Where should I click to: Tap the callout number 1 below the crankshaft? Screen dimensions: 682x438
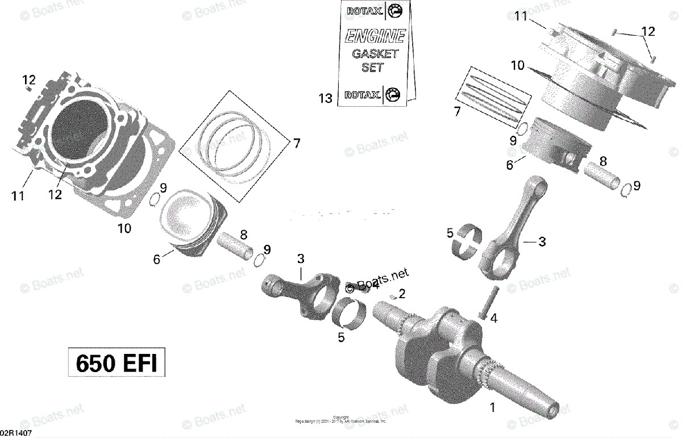click(493, 407)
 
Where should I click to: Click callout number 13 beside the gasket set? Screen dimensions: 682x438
click(325, 98)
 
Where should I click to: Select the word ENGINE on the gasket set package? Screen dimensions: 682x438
click(376, 37)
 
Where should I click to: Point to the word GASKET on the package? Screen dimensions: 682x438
click(375, 54)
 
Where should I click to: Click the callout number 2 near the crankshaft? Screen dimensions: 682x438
click(402, 294)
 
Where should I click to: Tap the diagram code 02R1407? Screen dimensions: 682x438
click(16, 433)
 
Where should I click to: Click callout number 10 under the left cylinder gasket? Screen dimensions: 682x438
click(124, 228)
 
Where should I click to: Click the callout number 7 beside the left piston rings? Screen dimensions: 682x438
click(296, 143)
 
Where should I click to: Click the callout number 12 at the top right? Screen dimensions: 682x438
click(648, 31)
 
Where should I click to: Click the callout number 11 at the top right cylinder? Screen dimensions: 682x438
click(521, 17)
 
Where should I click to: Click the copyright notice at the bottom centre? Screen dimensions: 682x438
click(340, 419)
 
